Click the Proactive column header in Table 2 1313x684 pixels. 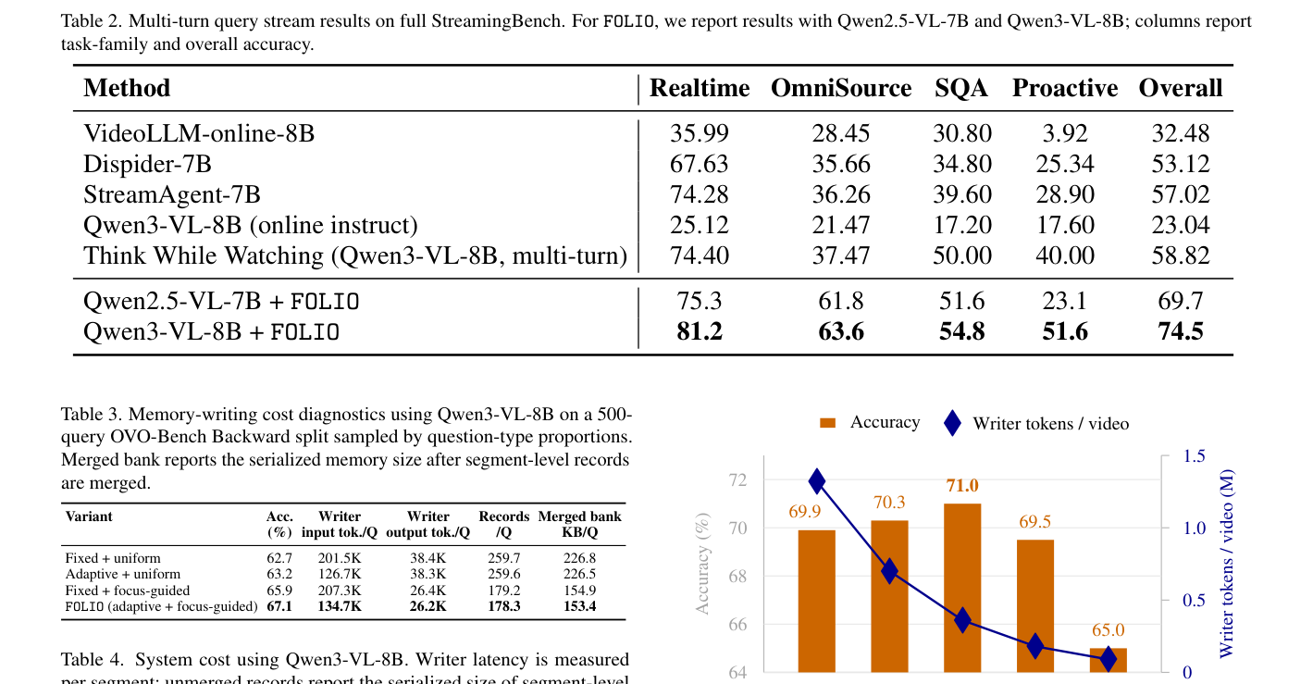click(x=1064, y=88)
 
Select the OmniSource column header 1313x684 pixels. click(x=840, y=88)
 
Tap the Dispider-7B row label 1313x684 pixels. click(x=147, y=164)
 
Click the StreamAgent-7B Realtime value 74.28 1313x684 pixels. click(x=700, y=194)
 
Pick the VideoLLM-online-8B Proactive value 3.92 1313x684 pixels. click(x=1064, y=133)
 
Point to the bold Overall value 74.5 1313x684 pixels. click(x=1180, y=331)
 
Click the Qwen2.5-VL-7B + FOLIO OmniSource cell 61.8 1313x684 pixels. click(x=840, y=301)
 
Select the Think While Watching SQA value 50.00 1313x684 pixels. click(x=962, y=255)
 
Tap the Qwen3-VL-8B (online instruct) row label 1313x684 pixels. click(x=250, y=225)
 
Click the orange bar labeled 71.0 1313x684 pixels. click(x=962, y=588)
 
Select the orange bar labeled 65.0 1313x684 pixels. click(x=1108, y=660)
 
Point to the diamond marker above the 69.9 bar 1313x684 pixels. click(x=816, y=482)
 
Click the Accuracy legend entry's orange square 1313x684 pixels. click(x=827, y=423)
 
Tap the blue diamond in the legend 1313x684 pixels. click(x=952, y=423)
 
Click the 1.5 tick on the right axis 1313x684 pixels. click(x=1194, y=456)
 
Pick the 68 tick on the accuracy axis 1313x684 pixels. click(x=737, y=576)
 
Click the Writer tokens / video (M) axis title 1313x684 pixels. click(x=1226, y=564)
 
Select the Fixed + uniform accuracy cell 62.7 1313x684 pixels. click(x=279, y=558)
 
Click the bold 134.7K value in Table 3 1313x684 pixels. click(x=340, y=606)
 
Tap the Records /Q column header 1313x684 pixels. click(x=503, y=524)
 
